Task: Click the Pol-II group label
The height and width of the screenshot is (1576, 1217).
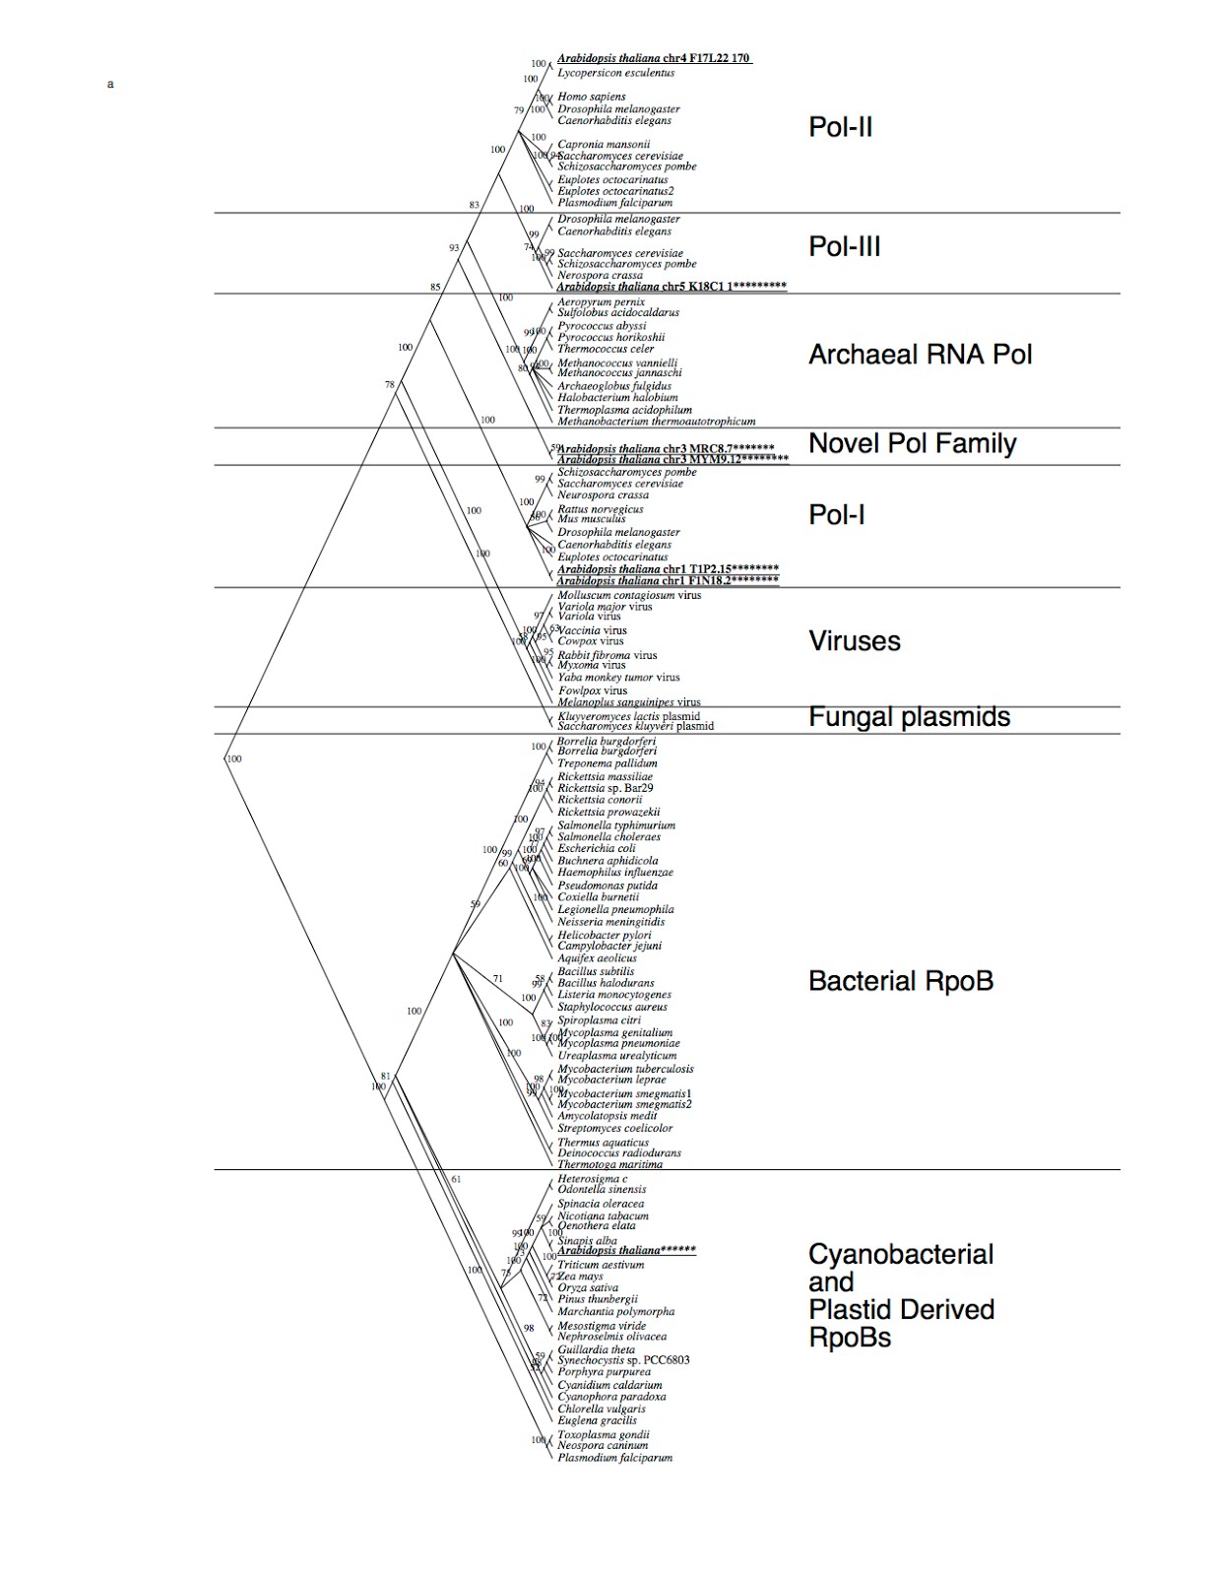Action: pos(840,127)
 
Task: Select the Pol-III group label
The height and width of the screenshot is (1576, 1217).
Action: pos(844,246)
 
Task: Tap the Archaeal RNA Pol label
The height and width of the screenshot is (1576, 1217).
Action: pos(920,355)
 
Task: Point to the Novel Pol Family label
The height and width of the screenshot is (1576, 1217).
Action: pos(912,443)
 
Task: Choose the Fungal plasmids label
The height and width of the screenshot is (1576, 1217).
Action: pos(909,717)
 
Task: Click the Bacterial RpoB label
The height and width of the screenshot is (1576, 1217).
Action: pos(900,981)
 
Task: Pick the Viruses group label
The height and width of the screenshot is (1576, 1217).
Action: pos(854,641)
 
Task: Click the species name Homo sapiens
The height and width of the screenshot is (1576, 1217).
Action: pos(591,97)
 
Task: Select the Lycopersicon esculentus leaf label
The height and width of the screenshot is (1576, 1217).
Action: pos(615,73)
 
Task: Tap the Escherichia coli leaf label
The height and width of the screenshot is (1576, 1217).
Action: pos(596,848)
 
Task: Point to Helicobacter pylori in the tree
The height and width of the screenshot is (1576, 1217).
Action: pos(604,935)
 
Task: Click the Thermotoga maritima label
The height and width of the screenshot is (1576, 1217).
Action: pos(609,1164)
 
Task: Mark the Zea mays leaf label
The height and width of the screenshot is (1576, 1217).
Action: pos(581,1277)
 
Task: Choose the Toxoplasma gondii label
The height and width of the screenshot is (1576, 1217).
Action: pos(603,1435)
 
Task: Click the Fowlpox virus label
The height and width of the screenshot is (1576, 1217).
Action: pos(592,690)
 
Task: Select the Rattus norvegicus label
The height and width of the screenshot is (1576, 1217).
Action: pos(600,509)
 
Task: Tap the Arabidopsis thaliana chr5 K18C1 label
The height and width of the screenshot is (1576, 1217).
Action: pos(672,287)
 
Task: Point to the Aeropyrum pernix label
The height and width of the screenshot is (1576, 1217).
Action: pos(601,302)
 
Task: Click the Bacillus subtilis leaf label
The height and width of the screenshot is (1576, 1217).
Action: pos(596,971)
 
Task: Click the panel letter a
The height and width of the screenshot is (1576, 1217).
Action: pos(110,85)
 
